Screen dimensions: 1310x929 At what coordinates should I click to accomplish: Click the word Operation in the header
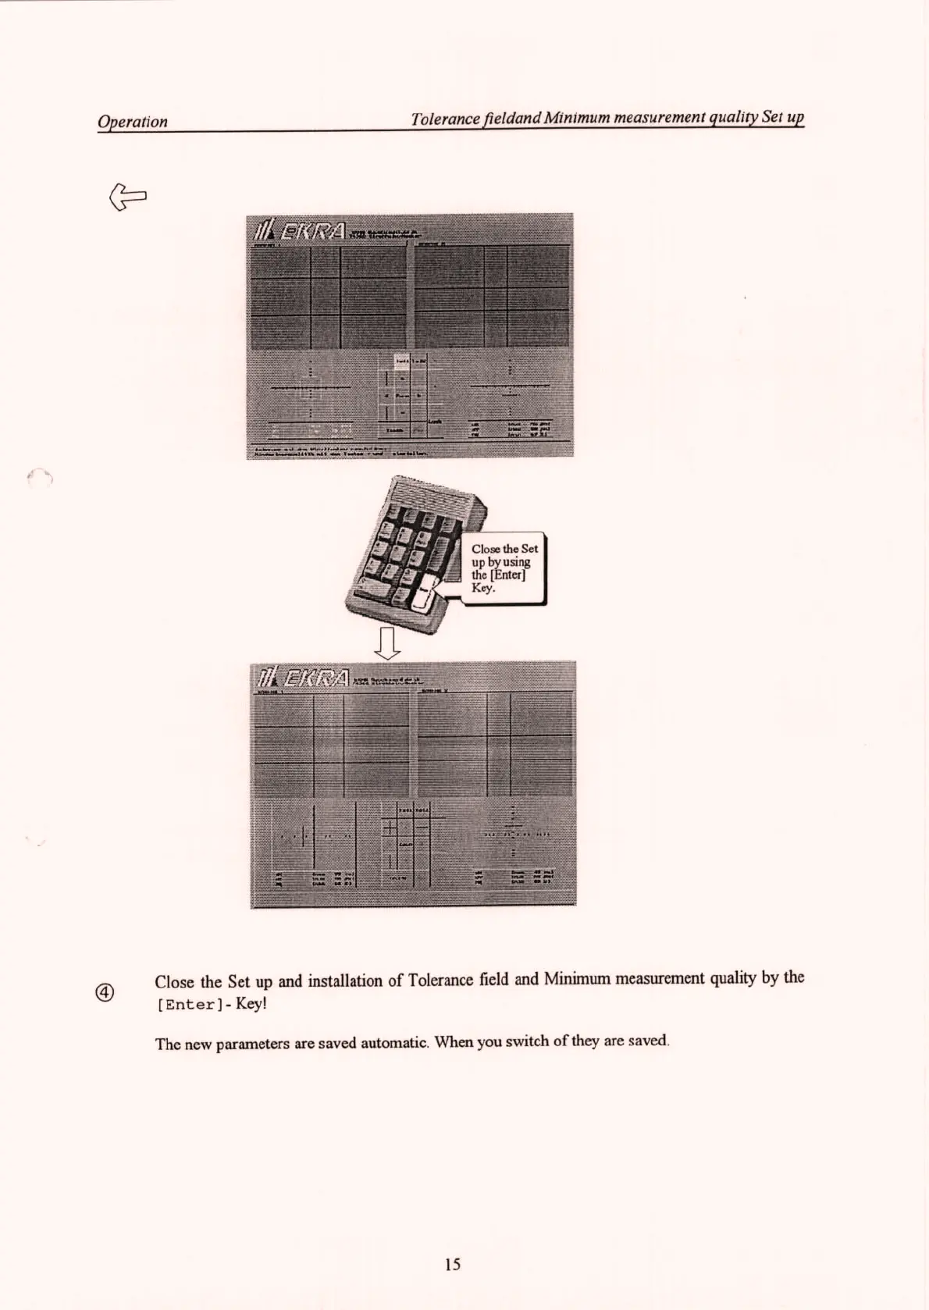coord(132,122)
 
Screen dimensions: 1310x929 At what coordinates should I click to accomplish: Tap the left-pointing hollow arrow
coord(129,195)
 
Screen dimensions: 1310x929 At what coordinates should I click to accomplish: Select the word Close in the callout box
coord(486,549)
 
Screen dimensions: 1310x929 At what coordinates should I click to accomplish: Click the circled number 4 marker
coord(105,992)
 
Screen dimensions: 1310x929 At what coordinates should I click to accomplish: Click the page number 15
coord(452,1263)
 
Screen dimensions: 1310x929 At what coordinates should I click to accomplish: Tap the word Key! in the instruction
coord(251,1003)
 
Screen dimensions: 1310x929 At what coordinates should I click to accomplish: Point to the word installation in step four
coord(343,981)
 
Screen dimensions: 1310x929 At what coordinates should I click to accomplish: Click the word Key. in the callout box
coord(482,588)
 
